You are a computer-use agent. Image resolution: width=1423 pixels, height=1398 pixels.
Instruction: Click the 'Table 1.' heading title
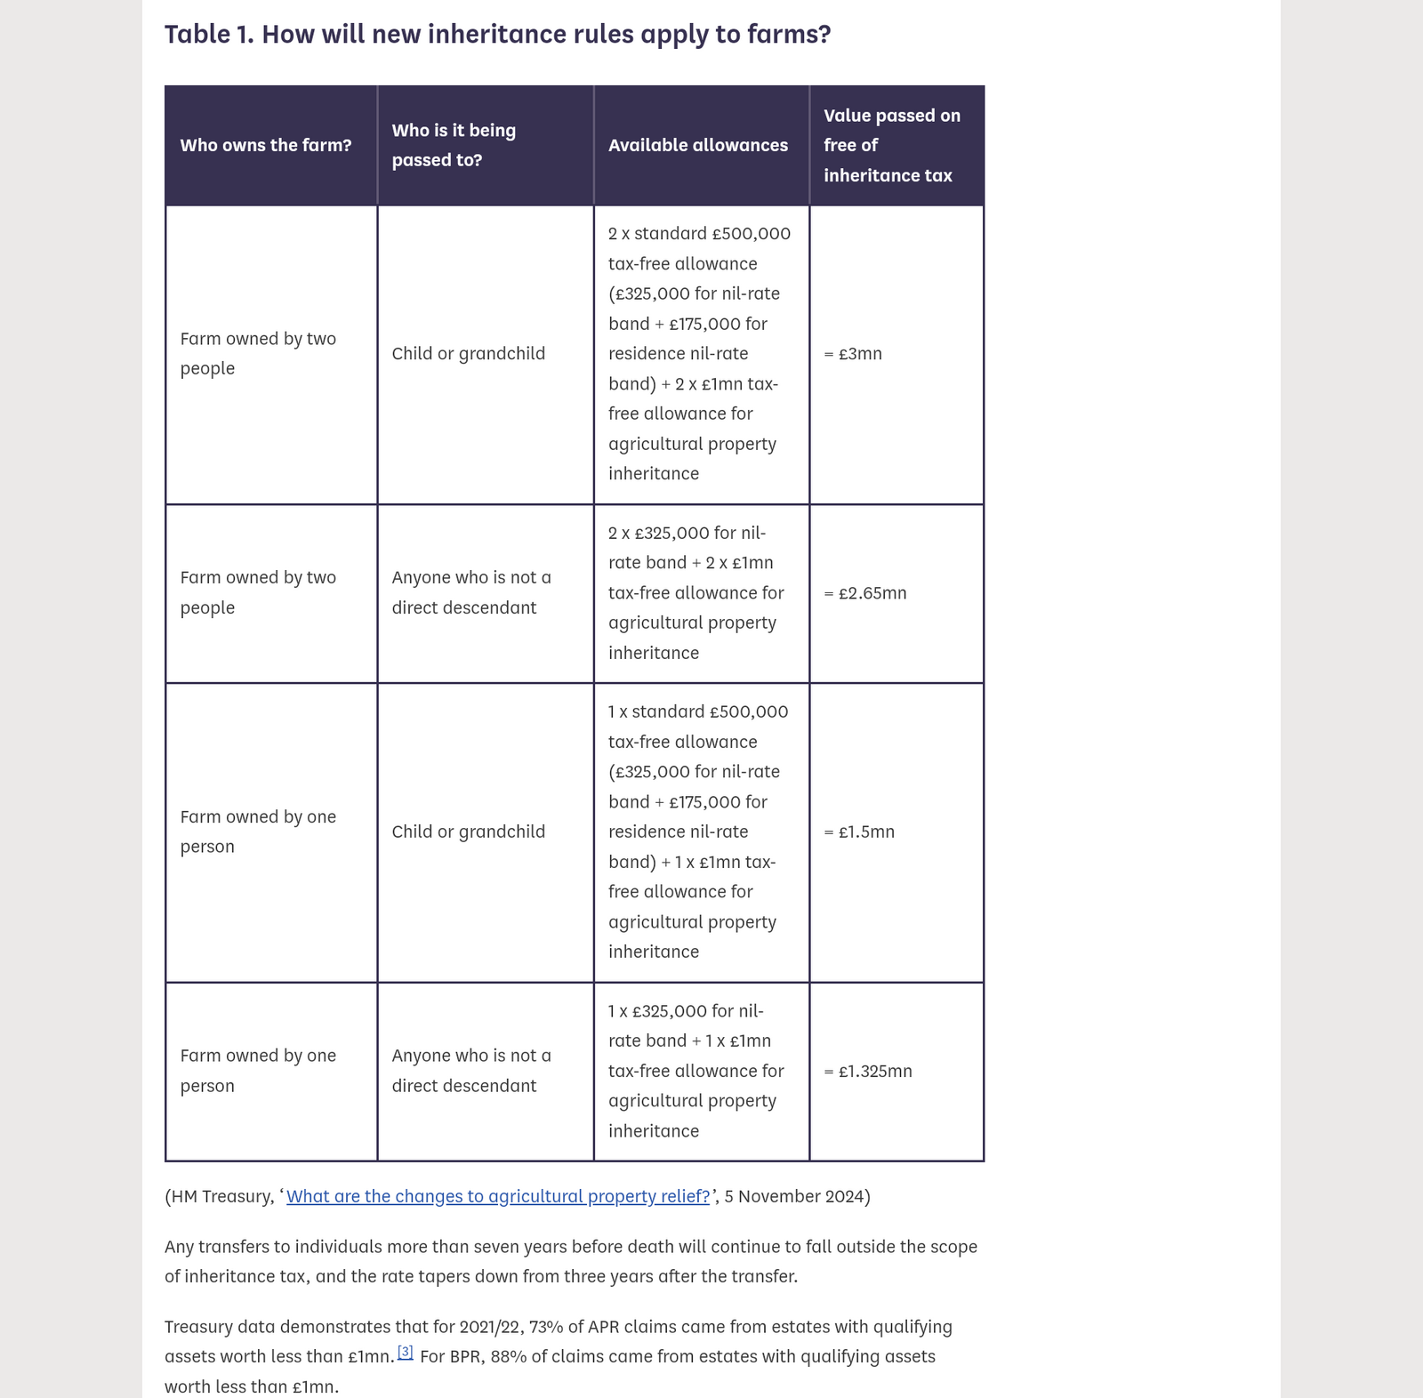[x=497, y=34]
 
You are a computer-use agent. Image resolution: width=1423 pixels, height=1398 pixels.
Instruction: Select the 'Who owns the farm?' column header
[x=265, y=145]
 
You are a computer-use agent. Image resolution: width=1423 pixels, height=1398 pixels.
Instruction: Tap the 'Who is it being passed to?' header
[x=454, y=145]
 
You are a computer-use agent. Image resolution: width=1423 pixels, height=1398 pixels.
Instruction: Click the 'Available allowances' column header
[x=697, y=145]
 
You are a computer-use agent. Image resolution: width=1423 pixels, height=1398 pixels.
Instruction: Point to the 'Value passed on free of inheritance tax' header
[x=891, y=145]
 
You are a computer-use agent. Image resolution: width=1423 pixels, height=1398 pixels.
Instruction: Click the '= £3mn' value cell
[x=853, y=354]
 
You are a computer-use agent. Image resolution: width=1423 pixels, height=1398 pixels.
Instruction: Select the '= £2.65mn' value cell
[x=865, y=593]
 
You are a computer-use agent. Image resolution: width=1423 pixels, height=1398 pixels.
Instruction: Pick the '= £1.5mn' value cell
[x=859, y=832]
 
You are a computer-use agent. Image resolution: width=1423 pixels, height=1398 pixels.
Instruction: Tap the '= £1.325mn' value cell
[x=868, y=1072]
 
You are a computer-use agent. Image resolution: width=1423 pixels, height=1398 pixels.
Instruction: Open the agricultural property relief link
[x=498, y=1197]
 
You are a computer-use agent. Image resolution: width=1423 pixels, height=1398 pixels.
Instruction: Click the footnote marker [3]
[x=405, y=1352]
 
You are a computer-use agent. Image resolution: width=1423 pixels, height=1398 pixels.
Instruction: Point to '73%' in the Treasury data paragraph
[x=546, y=1327]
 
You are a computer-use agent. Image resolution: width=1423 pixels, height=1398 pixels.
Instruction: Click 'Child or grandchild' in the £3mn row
[x=468, y=354]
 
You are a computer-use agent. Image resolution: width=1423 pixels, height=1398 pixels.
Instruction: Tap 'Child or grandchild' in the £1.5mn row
[x=468, y=832]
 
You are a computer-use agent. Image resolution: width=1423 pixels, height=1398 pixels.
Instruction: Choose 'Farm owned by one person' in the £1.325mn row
[x=258, y=1071]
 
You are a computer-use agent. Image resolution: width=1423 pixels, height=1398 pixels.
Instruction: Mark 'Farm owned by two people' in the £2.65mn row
[x=258, y=592]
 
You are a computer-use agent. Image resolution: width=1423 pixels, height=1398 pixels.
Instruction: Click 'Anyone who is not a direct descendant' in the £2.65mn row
[x=471, y=592]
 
